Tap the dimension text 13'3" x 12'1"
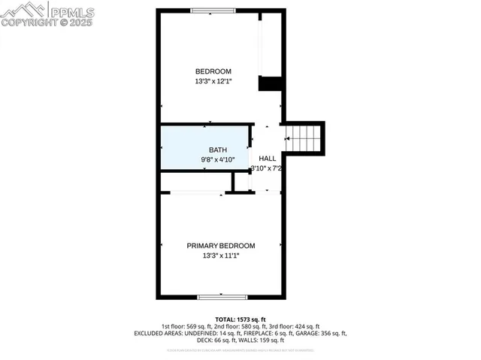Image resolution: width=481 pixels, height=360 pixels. click(213, 81)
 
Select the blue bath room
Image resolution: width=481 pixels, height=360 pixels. click(204, 147)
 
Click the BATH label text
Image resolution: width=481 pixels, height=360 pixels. click(217, 150)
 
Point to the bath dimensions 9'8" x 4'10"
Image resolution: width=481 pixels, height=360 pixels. click(218, 159)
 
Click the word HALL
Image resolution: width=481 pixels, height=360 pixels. click(268, 159)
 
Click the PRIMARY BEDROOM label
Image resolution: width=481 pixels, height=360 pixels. click(221, 246)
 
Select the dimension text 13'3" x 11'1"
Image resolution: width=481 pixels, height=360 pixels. click(221, 256)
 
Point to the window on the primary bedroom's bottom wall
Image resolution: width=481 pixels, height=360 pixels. click(222, 297)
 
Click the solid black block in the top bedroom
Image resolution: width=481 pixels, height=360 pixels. click(270, 83)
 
